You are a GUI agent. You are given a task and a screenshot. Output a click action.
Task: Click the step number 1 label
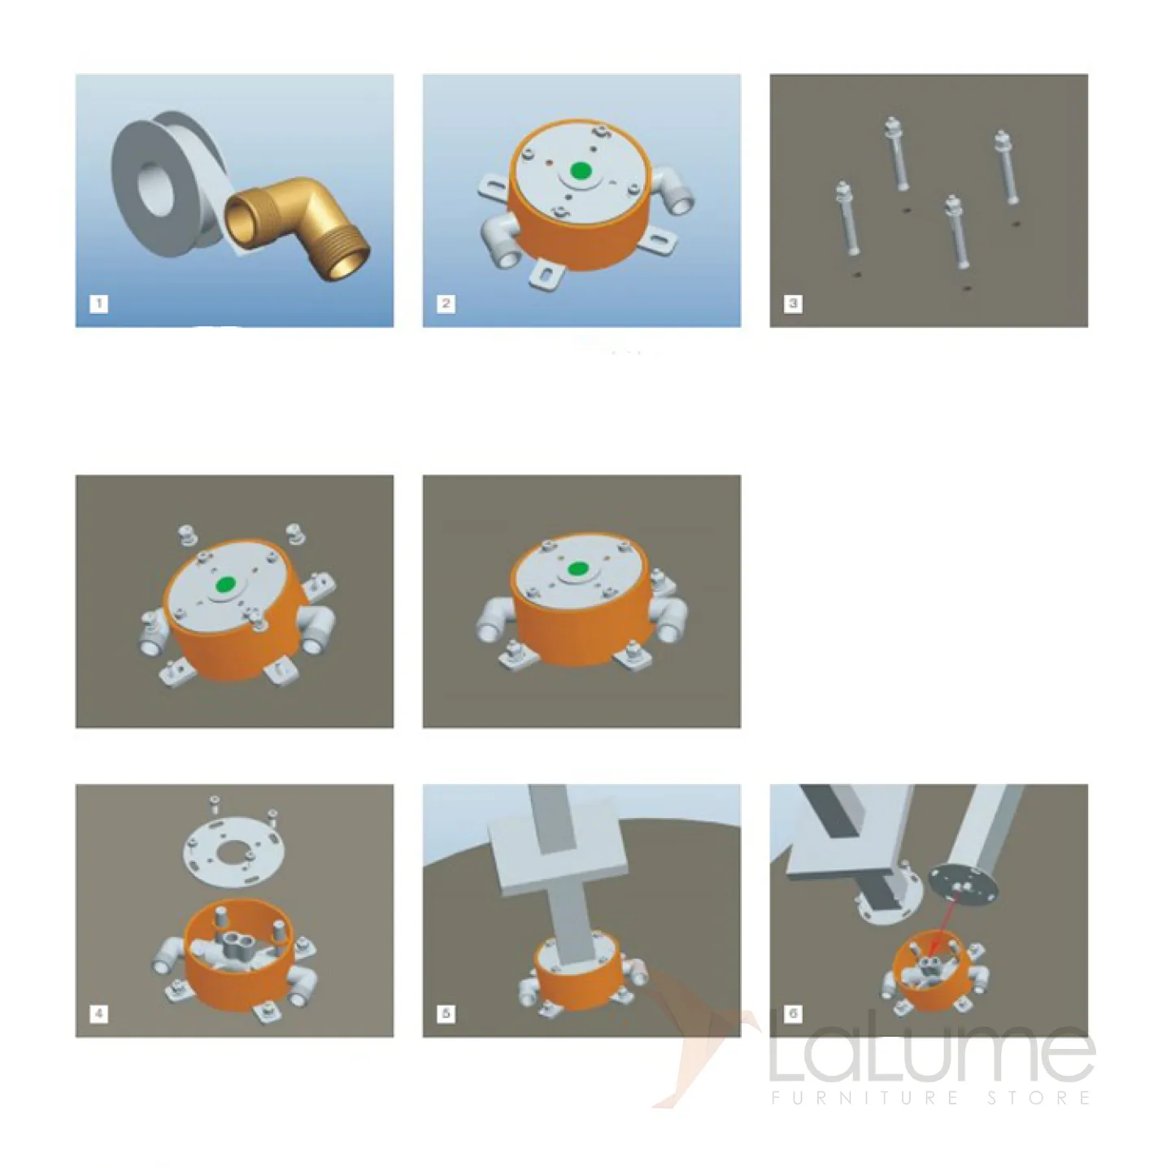coord(98,303)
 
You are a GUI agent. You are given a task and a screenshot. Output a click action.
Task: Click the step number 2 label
coord(446,303)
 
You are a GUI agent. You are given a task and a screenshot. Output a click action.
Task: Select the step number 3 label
coord(792,303)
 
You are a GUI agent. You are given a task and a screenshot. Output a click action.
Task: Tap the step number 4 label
coord(98,1013)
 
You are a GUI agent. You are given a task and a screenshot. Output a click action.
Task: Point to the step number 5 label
coord(446,1013)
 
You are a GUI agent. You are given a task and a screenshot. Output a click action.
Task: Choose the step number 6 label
coord(792,1013)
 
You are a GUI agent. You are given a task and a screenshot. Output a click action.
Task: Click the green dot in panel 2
coord(581,172)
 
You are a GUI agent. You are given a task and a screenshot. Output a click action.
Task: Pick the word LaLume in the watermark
coord(932,1050)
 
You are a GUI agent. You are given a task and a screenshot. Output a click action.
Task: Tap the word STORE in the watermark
coord(1038,1098)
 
